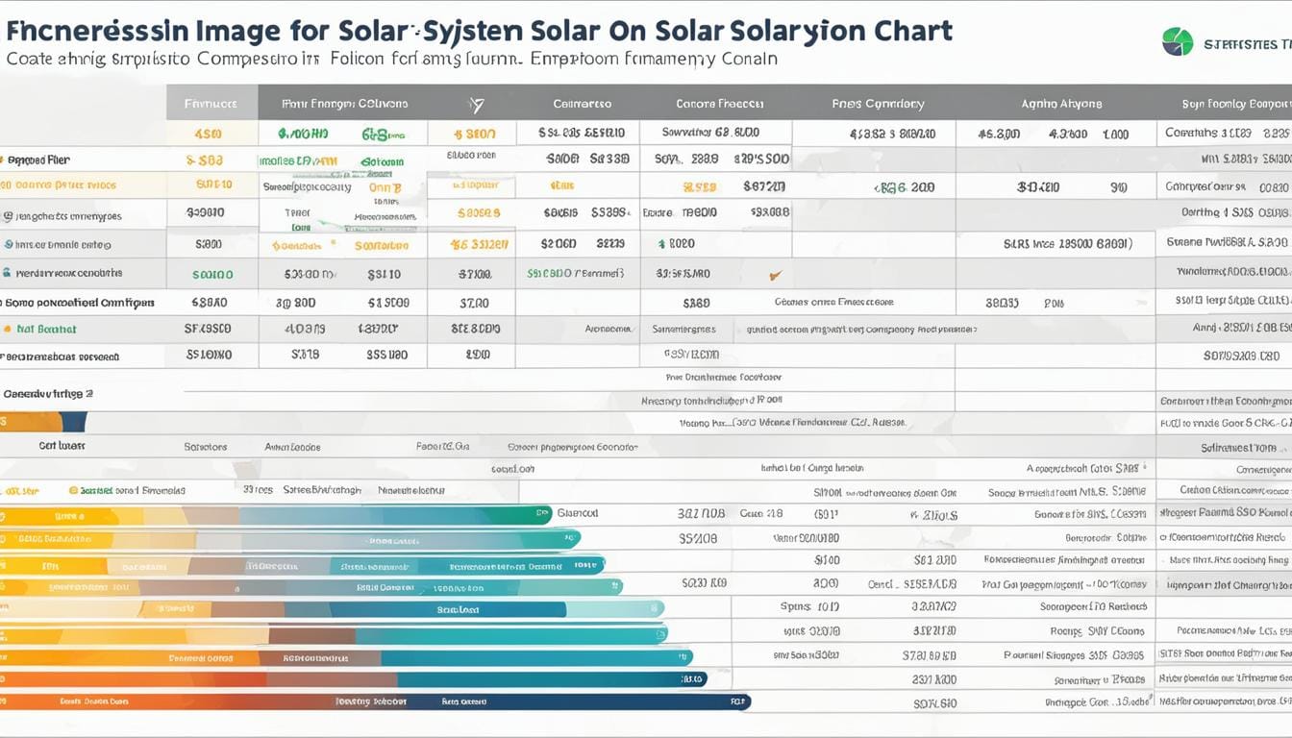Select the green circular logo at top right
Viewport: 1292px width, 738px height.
click(1177, 41)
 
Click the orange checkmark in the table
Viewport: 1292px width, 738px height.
click(775, 275)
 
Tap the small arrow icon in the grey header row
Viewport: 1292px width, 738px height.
click(475, 104)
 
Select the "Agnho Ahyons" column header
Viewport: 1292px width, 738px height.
click(1061, 104)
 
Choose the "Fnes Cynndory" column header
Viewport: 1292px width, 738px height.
click(878, 104)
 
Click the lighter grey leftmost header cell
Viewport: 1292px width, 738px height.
click(211, 102)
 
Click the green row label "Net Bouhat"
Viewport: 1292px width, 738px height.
click(46, 329)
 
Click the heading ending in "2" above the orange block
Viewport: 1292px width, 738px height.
click(48, 393)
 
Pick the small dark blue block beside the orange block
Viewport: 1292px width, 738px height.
click(73, 422)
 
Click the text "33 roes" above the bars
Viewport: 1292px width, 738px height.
click(258, 489)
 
